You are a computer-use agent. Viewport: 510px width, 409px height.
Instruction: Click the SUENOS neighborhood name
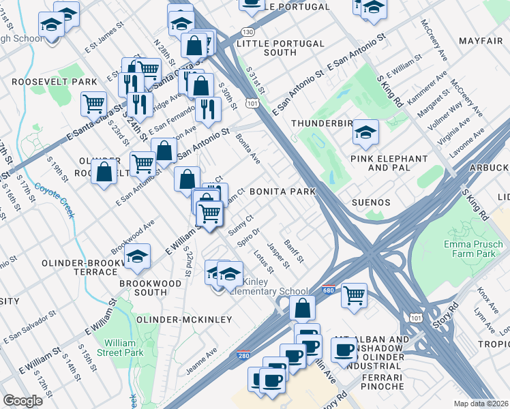click(371, 202)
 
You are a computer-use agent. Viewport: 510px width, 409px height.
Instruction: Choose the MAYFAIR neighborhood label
click(481, 42)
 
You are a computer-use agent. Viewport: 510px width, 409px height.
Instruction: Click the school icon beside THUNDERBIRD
click(365, 132)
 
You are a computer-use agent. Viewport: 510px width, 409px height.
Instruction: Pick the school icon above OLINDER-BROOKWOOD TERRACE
click(138, 256)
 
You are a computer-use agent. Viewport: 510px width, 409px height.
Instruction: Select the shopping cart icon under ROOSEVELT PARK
click(93, 104)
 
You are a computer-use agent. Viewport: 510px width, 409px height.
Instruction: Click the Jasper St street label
click(280, 254)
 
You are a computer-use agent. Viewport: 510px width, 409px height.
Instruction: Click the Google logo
click(22, 401)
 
